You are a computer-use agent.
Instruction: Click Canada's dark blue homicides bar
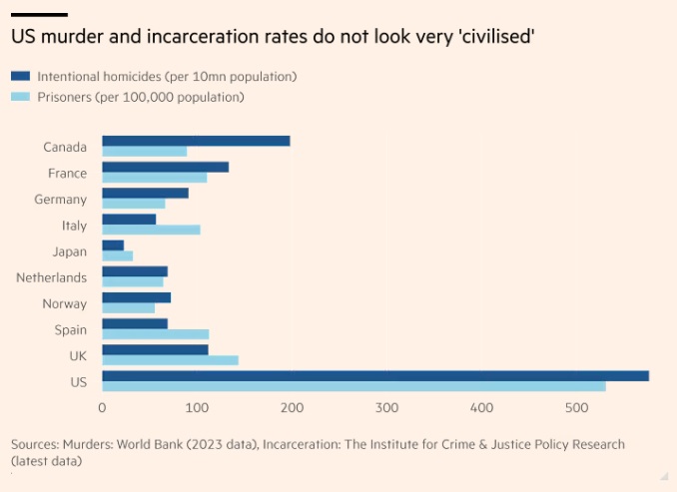(196, 141)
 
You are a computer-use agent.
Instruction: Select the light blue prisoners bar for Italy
(151, 230)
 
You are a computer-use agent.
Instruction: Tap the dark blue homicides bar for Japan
(113, 245)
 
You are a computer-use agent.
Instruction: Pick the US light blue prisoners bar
(353, 386)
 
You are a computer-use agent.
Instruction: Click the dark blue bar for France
(165, 167)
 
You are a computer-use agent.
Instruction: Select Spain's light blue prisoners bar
(155, 334)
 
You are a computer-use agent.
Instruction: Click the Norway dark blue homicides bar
(136, 297)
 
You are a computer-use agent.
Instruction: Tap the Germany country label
(60, 200)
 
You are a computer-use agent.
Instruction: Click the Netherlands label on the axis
(51, 277)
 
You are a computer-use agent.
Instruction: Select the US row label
(78, 381)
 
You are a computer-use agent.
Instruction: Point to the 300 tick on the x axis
(387, 408)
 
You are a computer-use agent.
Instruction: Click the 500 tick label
(577, 408)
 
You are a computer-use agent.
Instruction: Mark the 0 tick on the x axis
(102, 408)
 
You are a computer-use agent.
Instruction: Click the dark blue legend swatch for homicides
(20, 76)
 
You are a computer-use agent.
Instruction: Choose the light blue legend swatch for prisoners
(20, 97)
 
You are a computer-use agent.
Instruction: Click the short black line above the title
(39, 14)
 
